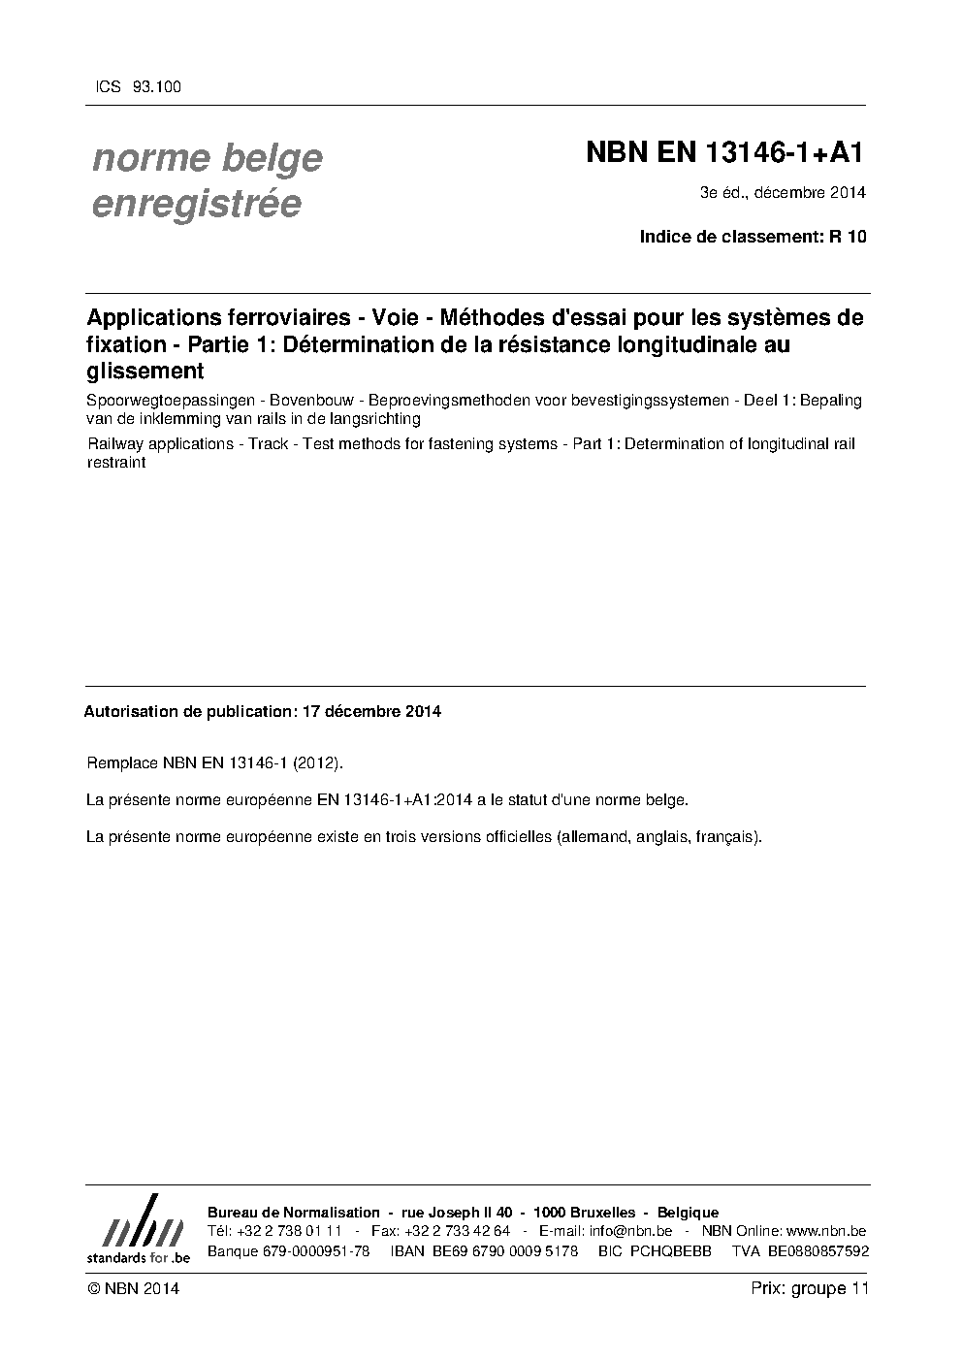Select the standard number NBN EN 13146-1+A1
pyautogui.click(x=724, y=153)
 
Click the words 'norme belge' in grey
pyautogui.click(x=207, y=158)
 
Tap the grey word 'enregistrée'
pyautogui.click(x=196, y=204)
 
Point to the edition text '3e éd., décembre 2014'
pyautogui.click(x=783, y=192)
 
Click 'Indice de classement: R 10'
pyautogui.click(x=753, y=237)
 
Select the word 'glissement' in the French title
pyautogui.click(x=145, y=371)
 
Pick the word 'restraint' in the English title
pyautogui.click(x=116, y=463)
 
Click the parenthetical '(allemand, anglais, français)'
pyautogui.click(x=659, y=836)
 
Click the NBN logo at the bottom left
pyautogui.click(x=138, y=1229)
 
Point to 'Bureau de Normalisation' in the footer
pyautogui.click(x=294, y=1213)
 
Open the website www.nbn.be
pyautogui.click(x=826, y=1231)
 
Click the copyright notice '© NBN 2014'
pyautogui.click(x=133, y=1288)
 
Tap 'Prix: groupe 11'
pyautogui.click(x=810, y=1288)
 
